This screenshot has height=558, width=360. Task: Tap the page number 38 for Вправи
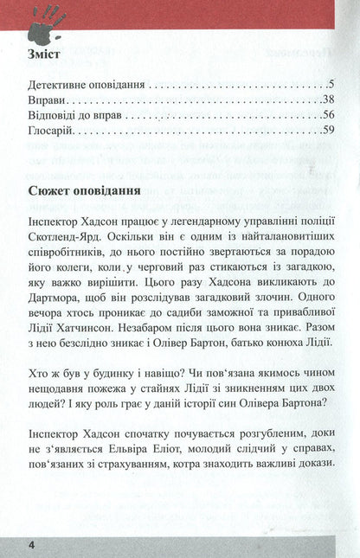point(325,101)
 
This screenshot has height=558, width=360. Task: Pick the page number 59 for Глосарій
point(325,131)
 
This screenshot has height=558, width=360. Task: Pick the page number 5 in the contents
point(330,86)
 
